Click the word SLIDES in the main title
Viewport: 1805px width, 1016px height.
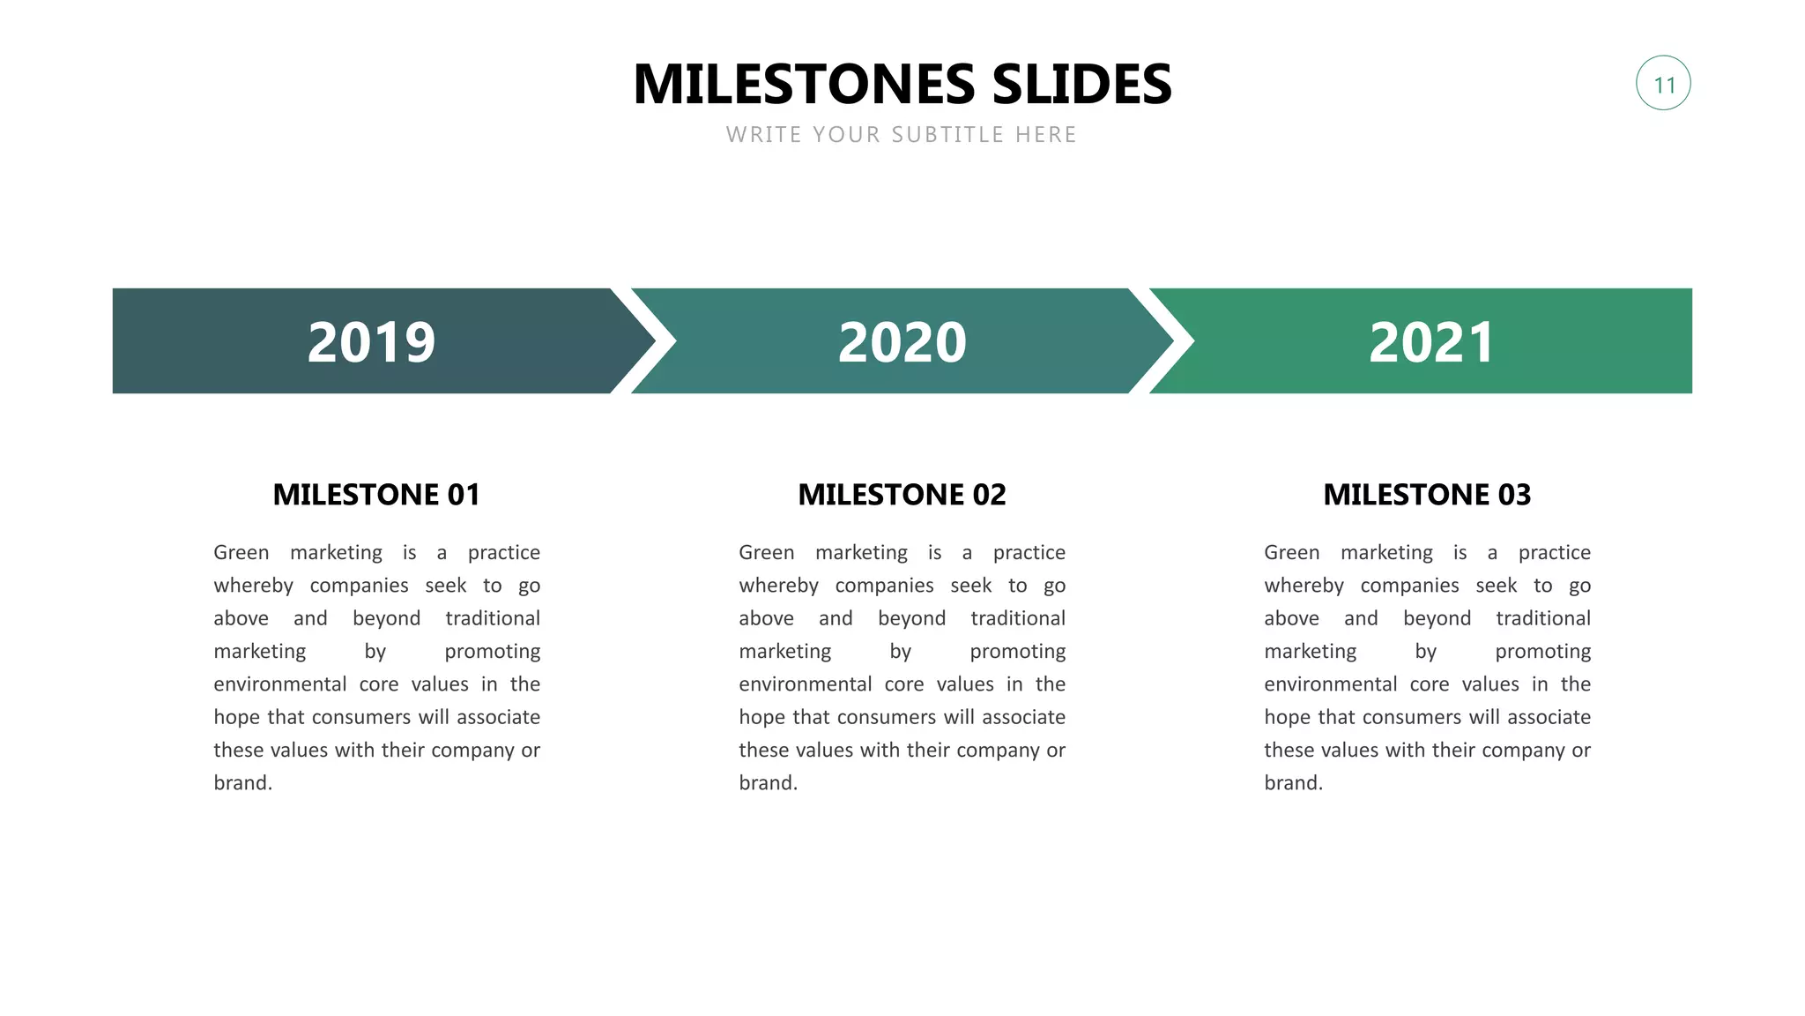click(1081, 85)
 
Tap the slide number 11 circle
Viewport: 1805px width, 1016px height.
click(1663, 84)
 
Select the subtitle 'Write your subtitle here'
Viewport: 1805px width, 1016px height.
click(901, 135)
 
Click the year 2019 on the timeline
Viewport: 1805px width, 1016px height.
click(371, 342)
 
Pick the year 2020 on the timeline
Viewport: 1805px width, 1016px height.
click(902, 342)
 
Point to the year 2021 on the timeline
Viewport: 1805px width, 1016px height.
click(1431, 342)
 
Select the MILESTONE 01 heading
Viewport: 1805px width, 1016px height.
click(376, 495)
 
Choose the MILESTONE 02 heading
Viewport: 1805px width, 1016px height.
click(902, 495)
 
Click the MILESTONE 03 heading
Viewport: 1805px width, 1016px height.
click(1427, 495)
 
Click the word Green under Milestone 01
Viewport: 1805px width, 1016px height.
click(241, 553)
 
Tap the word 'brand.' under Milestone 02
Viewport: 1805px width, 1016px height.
click(768, 783)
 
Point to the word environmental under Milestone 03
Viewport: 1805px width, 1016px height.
click(1330, 684)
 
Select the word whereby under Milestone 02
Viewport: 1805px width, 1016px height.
click(778, 586)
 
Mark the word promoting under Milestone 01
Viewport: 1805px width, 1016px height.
click(492, 652)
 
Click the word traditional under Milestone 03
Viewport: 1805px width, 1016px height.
click(1542, 618)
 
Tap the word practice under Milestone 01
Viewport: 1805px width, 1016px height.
click(503, 553)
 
